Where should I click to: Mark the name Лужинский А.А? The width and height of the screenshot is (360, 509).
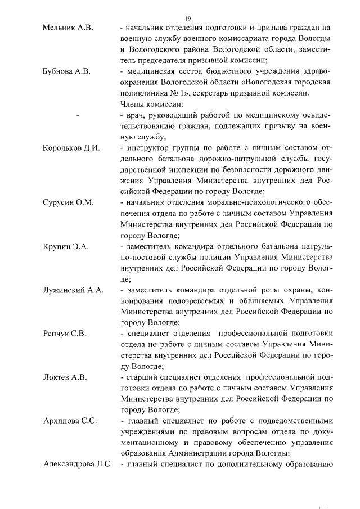coord(74,290)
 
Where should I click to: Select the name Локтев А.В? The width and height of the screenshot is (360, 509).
coord(65,377)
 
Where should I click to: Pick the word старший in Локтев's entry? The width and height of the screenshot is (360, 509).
coord(142,377)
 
